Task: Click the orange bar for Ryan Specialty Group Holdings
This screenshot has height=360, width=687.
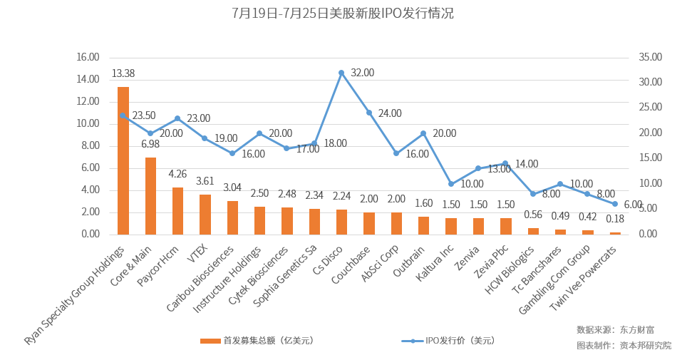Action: click(123, 160)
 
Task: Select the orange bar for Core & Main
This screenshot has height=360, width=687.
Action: click(150, 196)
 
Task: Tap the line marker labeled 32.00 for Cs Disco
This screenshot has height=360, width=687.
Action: click(341, 73)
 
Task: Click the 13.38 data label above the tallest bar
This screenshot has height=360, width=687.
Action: click(123, 73)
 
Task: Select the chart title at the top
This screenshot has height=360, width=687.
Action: click(343, 14)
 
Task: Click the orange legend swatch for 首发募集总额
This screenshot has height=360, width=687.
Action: click(210, 341)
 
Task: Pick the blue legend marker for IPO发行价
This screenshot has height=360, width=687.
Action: click(413, 341)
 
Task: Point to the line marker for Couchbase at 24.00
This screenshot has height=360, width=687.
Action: click(369, 113)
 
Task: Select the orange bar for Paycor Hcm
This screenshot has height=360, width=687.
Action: click(178, 211)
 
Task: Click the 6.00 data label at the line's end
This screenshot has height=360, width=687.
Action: click(632, 205)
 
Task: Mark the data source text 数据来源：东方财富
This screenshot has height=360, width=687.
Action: click(615, 329)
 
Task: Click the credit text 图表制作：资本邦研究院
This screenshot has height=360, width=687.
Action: click(624, 345)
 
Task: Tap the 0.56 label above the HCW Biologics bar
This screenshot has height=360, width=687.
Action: click(533, 215)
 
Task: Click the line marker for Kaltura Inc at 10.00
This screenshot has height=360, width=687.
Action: click(450, 184)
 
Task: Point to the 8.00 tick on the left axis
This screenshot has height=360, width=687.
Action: click(90, 145)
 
